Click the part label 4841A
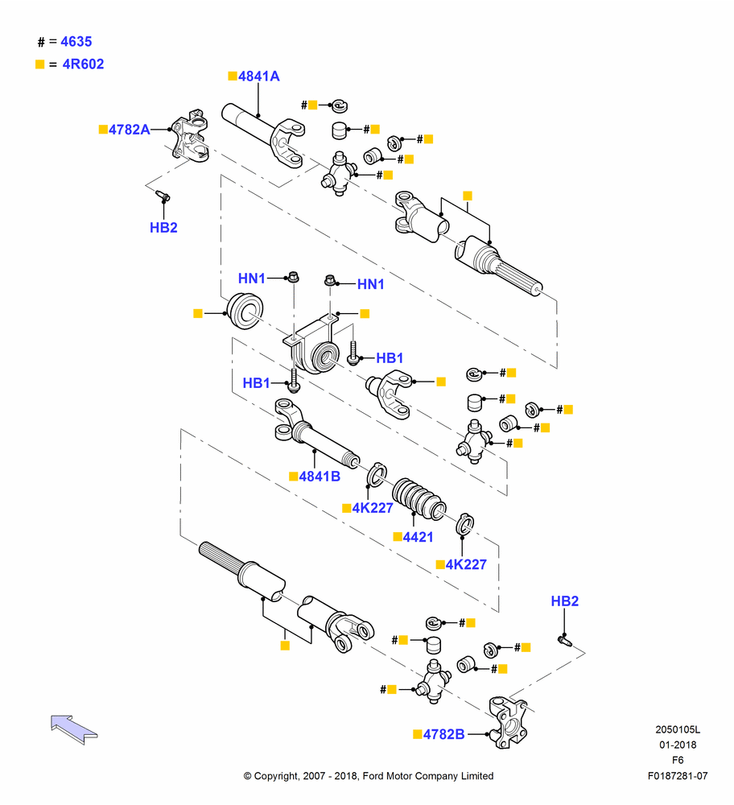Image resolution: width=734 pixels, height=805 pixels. click(258, 76)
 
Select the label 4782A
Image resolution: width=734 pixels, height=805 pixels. click(130, 130)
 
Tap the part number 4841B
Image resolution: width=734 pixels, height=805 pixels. click(320, 477)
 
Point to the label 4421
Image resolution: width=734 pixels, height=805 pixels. click(418, 537)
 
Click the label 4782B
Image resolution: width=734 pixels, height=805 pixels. click(443, 734)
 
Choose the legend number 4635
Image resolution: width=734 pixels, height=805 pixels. click(76, 42)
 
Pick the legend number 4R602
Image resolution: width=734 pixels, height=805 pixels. click(83, 64)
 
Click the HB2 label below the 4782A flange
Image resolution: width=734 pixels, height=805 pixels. click(163, 228)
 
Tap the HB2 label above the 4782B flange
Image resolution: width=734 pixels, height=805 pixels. click(565, 601)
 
